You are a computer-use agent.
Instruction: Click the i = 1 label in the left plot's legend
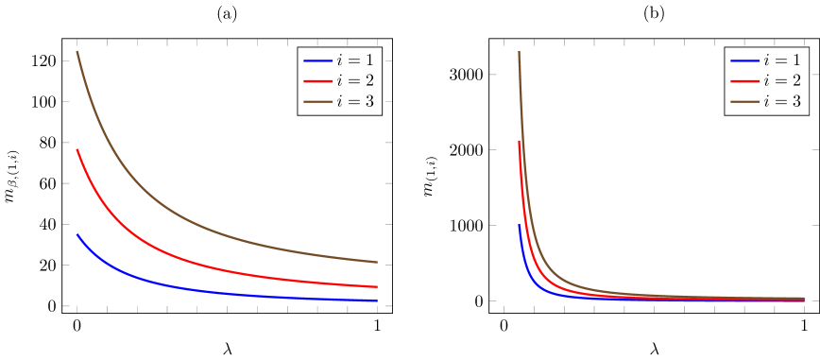point(354,60)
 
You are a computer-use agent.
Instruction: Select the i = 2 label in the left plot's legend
point(354,81)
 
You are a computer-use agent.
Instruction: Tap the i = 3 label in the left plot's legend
point(354,101)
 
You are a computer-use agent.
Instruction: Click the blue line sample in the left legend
point(317,60)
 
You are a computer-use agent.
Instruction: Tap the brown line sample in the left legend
point(317,101)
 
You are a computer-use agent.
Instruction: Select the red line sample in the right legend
point(745,81)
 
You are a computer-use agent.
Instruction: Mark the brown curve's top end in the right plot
point(519,52)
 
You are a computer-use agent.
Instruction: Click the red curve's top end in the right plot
point(519,142)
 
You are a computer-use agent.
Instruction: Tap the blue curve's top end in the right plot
point(519,225)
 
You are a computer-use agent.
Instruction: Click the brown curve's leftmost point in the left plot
point(77,51)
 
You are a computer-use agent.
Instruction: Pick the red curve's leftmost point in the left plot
point(77,149)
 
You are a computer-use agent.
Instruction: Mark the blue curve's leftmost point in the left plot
point(77,234)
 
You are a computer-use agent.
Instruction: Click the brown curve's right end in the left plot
point(377,262)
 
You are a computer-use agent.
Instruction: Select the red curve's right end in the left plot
point(377,287)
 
